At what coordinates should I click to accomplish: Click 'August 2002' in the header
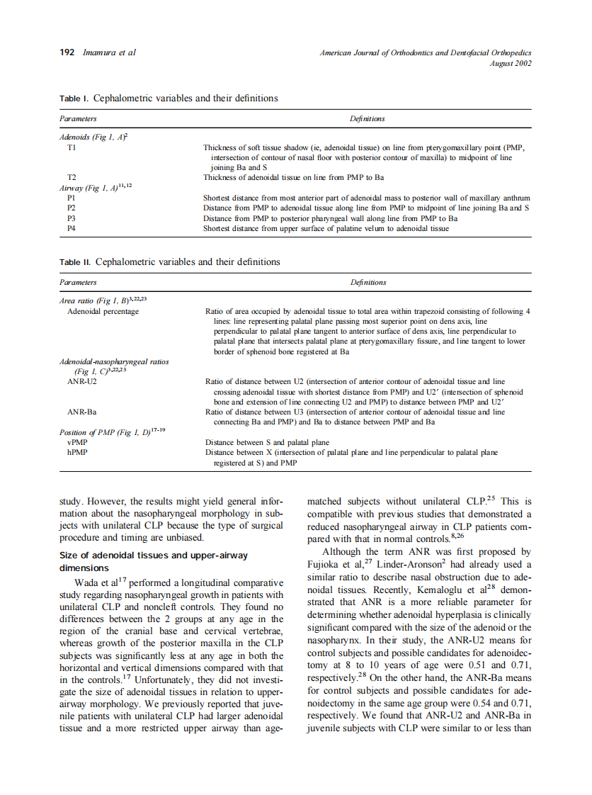(x=510, y=63)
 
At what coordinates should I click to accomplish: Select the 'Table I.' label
(x=74, y=98)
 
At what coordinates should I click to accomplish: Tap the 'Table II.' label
(x=74, y=262)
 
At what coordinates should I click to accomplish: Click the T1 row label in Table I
(x=72, y=147)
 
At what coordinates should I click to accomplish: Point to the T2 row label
(x=72, y=177)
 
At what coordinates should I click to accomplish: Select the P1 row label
(x=72, y=198)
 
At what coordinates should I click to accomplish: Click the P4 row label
(x=72, y=229)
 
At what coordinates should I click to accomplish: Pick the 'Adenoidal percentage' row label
(x=103, y=311)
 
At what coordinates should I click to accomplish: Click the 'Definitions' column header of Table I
(x=367, y=118)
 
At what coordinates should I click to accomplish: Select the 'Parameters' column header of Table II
(x=78, y=282)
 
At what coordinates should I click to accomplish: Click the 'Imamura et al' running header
(x=109, y=52)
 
